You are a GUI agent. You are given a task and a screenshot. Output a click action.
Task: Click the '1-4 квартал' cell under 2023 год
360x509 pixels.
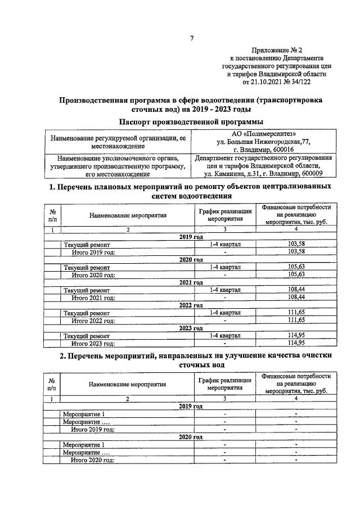[x=225, y=335]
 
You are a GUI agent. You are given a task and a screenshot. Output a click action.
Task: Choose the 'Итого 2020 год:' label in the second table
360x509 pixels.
[x=93, y=460]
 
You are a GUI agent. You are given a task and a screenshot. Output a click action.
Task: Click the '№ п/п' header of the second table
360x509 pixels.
[x=52, y=384]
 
